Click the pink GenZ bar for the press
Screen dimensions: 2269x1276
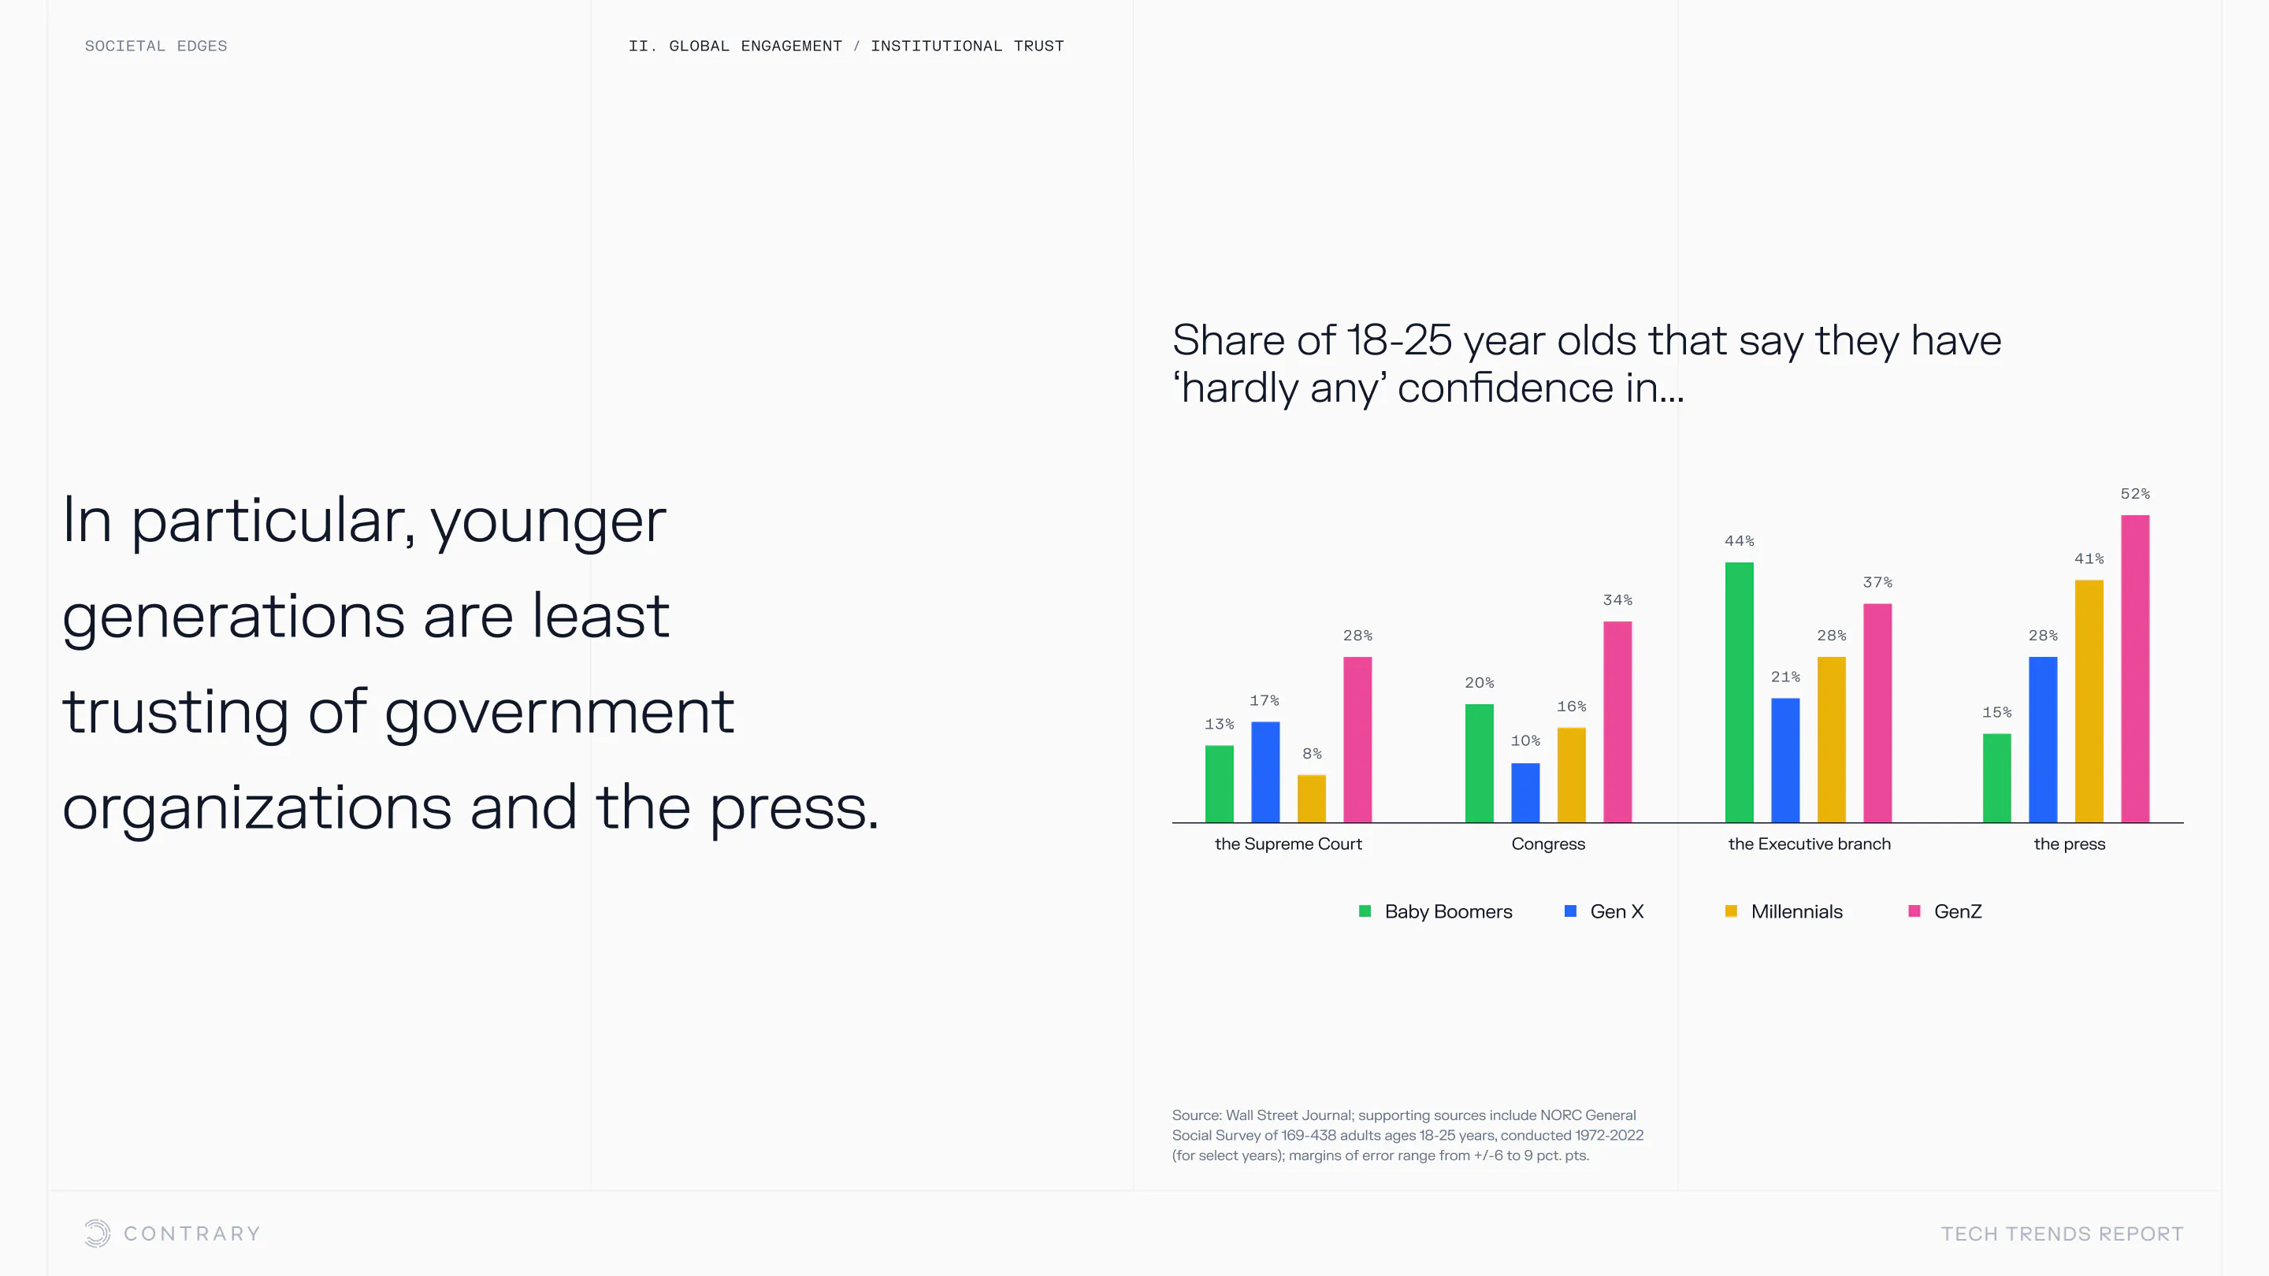(x=2135, y=669)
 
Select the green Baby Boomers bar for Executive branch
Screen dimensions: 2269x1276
(x=1740, y=692)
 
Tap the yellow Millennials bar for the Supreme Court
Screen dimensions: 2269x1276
(x=1312, y=799)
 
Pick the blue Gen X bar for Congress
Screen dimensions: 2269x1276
(x=1525, y=792)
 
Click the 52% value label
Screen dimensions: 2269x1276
(x=2135, y=494)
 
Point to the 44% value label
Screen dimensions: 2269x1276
(x=1740, y=540)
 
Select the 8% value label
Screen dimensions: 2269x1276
(x=1312, y=754)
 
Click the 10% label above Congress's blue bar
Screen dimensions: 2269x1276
(x=1525, y=740)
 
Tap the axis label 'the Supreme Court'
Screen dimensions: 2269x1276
(x=1288, y=844)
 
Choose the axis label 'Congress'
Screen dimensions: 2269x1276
(x=1548, y=844)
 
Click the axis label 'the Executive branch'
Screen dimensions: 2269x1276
(x=1809, y=844)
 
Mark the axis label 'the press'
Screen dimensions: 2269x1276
(x=2069, y=844)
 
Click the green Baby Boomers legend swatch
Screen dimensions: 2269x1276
(x=1365, y=911)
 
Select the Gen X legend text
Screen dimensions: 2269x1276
(x=1617, y=911)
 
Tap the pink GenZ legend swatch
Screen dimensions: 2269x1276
(x=1914, y=911)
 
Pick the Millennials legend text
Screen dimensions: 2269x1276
(x=1797, y=911)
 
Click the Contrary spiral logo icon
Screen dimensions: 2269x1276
(x=97, y=1233)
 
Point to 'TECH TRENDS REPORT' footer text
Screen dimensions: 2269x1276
(x=2062, y=1233)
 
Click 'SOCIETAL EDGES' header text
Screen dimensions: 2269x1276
(x=156, y=46)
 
